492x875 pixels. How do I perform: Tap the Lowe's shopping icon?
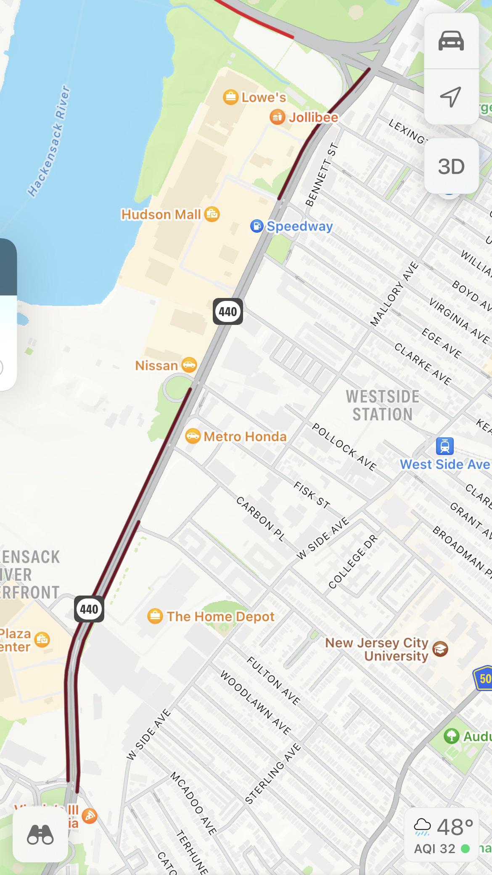click(230, 97)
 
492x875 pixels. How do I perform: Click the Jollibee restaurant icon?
click(277, 117)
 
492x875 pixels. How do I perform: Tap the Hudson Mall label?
click(161, 215)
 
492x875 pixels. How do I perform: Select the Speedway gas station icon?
click(257, 226)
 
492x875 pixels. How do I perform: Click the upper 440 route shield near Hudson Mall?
click(227, 311)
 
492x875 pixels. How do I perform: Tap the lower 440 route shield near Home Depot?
click(89, 609)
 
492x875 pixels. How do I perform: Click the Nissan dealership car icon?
click(189, 365)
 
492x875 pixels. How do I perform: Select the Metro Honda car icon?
click(193, 436)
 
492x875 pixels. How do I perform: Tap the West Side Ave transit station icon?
click(444, 446)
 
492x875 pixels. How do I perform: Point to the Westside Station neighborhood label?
click(382, 405)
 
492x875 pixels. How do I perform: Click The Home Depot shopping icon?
click(155, 617)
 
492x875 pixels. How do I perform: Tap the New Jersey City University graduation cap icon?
click(440, 649)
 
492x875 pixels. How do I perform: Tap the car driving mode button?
click(451, 41)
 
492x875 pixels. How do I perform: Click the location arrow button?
click(451, 97)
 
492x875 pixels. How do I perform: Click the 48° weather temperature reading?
click(455, 827)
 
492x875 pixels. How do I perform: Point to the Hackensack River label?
click(49, 141)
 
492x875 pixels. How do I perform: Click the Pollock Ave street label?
click(344, 447)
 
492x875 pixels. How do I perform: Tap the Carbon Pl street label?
click(260, 519)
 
